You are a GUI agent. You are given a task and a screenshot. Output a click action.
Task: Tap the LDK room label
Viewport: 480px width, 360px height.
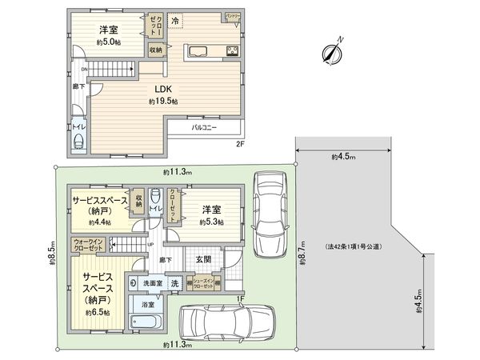click(x=163, y=89)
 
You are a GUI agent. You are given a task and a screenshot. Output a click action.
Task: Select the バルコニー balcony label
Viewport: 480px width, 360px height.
click(x=206, y=127)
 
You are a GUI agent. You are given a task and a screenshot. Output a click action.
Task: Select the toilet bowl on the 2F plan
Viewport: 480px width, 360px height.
click(x=78, y=141)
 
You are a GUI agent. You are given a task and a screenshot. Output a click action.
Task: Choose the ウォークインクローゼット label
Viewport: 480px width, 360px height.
click(x=88, y=245)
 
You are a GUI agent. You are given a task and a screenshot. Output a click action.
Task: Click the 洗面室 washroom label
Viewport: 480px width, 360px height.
click(x=152, y=283)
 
